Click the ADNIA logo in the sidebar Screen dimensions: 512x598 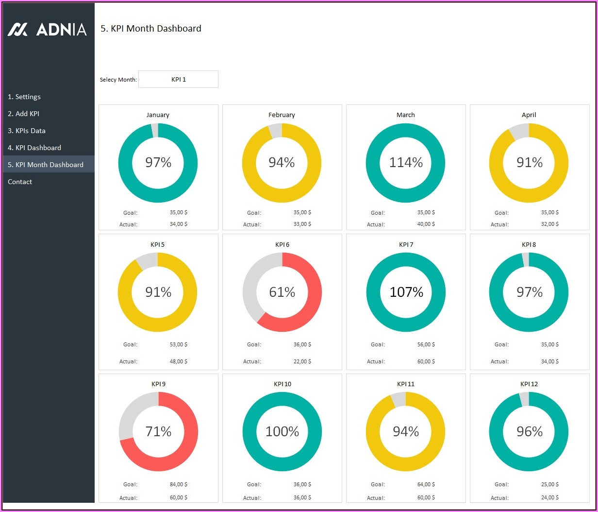[47, 30]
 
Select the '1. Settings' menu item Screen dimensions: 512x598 [24, 97]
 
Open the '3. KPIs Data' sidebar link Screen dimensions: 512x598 [27, 131]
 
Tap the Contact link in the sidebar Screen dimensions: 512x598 [20, 182]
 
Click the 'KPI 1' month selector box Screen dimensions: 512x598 [178, 79]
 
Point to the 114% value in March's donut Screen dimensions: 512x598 [406, 162]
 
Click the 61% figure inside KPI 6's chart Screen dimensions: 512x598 [282, 292]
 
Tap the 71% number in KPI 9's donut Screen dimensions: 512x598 [158, 431]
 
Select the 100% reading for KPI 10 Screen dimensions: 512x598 [282, 431]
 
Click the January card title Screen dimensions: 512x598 [158, 115]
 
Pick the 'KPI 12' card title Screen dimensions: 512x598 [529, 384]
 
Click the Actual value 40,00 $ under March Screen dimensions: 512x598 [426, 224]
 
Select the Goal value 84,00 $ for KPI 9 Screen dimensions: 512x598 [178, 484]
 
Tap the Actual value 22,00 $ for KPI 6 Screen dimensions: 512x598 [302, 361]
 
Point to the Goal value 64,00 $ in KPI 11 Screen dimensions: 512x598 [426, 484]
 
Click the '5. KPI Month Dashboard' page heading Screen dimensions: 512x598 [151, 29]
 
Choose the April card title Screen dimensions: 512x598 [529, 115]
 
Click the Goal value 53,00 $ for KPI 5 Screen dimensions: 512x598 [178, 344]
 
